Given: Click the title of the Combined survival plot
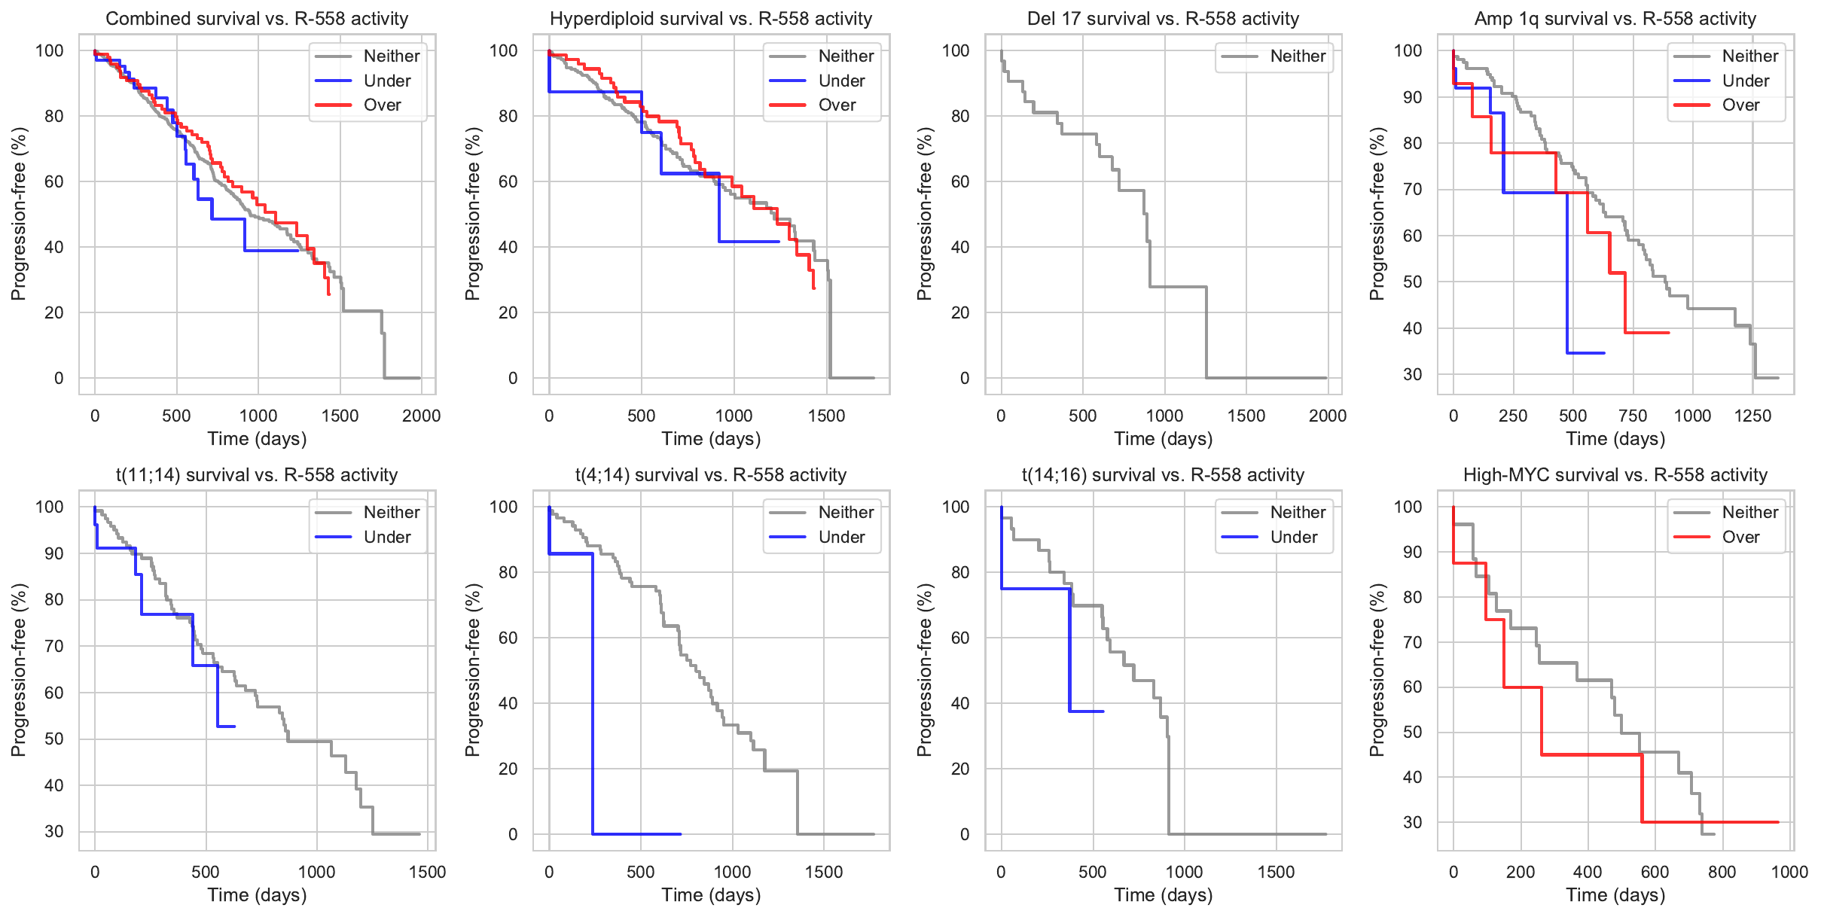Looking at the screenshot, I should (x=257, y=19).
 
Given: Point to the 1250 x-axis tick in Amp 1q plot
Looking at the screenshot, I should (x=1752, y=416).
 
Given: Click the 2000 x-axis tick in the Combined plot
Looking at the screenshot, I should (x=421, y=416).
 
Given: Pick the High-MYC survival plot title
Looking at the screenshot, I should (x=1615, y=475).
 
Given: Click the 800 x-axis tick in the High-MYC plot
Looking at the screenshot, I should (x=1722, y=873).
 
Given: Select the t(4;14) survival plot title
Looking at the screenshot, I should (x=710, y=475).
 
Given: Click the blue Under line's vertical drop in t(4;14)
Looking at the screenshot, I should (x=593, y=693).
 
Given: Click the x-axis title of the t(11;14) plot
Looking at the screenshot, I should (x=257, y=895).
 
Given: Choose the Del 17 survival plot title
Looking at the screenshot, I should (x=1163, y=19).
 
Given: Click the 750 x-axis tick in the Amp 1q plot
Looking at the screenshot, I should (x=1633, y=416).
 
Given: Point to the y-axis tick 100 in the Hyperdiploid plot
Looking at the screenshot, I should (x=504, y=51).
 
